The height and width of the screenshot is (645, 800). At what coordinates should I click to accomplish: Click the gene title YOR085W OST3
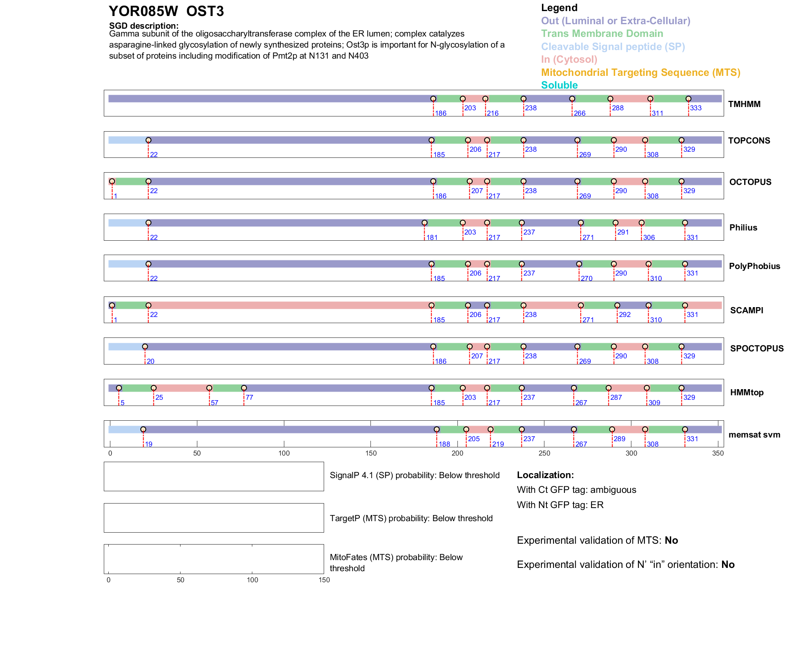click(166, 11)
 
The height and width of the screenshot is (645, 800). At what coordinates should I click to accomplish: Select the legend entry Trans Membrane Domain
click(602, 34)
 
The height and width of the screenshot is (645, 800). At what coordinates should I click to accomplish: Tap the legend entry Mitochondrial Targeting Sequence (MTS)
click(640, 73)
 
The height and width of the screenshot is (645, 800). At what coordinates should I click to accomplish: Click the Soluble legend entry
click(559, 85)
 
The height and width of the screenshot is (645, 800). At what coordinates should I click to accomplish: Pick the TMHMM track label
click(744, 104)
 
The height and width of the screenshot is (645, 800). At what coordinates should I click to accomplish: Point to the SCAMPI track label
click(747, 310)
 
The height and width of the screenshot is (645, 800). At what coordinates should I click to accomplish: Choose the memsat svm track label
click(754, 435)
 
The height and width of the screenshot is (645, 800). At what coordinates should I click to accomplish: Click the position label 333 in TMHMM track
click(696, 108)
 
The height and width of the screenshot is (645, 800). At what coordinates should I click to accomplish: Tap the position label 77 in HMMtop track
click(249, 397)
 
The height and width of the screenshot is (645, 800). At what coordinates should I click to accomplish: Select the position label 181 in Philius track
click(432, 237)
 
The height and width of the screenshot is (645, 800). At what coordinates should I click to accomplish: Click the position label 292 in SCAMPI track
click(625, 315)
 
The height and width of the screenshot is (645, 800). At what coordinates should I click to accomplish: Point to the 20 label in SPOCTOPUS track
click(151, 361)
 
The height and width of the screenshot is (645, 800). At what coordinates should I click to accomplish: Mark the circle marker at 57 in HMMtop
click(209, 388)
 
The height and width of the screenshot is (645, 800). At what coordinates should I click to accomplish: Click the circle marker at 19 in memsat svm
click(143, 429)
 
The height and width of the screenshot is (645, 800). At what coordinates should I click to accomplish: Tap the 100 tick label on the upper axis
click(284, 453)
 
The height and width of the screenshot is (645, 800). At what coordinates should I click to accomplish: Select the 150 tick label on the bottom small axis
click(324, 580)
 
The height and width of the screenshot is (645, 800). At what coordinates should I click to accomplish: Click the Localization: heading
click(545, 475)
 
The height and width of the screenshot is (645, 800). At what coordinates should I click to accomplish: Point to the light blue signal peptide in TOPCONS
click(128, 140)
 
